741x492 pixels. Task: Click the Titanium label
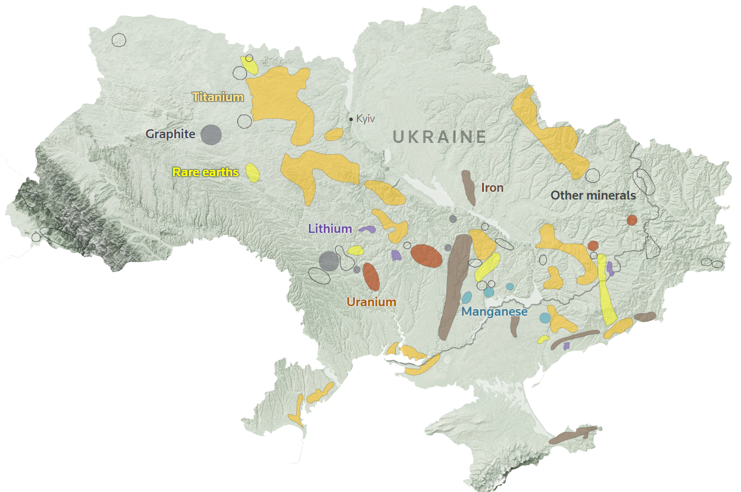218,97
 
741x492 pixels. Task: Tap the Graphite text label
170,134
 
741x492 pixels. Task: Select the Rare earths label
205,172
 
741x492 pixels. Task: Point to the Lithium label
330,228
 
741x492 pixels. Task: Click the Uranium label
371,302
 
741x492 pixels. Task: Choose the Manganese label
495,312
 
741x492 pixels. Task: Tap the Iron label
492,188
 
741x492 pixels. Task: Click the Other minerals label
593,195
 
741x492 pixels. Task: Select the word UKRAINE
440,137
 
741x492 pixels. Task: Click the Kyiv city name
365,119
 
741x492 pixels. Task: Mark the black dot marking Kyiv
351,119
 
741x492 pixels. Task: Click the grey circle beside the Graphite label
211,135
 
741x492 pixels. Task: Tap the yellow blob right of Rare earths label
253,173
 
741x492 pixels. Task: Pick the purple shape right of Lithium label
367,229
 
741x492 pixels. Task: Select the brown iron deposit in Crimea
573,435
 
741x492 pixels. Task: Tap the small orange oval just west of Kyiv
334,135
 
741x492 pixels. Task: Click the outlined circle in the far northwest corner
119,40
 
